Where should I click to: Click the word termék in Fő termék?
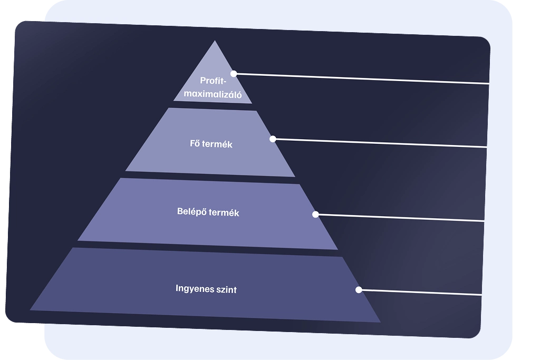point(218,144)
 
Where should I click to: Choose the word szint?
point(225,289)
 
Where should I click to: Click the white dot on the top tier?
point(234,74)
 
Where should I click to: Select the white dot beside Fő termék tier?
point(273,139)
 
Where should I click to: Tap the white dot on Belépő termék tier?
point(315,215)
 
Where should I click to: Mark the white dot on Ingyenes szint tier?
point(359,290)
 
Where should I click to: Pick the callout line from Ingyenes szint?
point(422,293)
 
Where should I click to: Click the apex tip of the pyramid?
point(215,42)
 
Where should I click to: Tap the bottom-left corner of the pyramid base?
point(31,309)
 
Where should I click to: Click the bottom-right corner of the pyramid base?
point(379,321)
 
